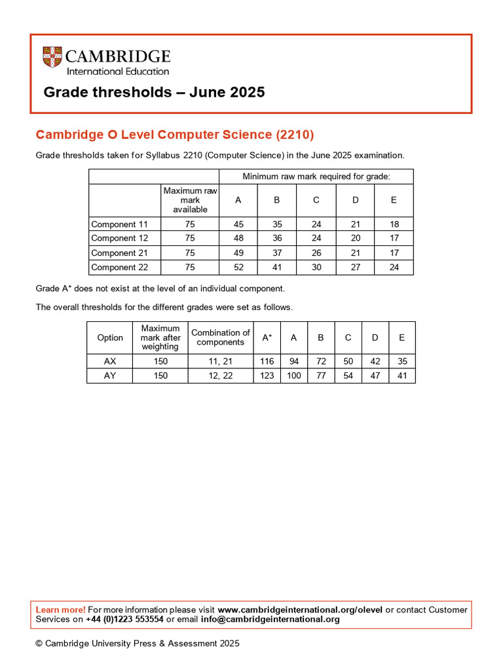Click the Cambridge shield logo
click(53, 58)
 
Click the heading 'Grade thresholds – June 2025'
click(154, 92)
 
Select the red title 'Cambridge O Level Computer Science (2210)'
click(175, 135)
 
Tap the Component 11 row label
click(120, 224)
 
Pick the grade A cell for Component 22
click(238, 267)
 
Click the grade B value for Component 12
click(277, 238)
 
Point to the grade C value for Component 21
click(316, 253)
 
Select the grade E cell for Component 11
click(394, 224)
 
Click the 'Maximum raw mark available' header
click(190, 200)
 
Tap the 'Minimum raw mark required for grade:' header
click(316, 177)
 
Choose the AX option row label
click(110, 361)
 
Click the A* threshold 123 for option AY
click(267, 376)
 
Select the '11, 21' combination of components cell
click(221, 361)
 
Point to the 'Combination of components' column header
click(221, 338)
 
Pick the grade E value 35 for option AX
click(401, 361)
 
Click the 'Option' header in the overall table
click(110, 338)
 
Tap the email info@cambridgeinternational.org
click(270, 620)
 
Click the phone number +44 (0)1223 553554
click(124, 620)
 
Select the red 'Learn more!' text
click(60, 610)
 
